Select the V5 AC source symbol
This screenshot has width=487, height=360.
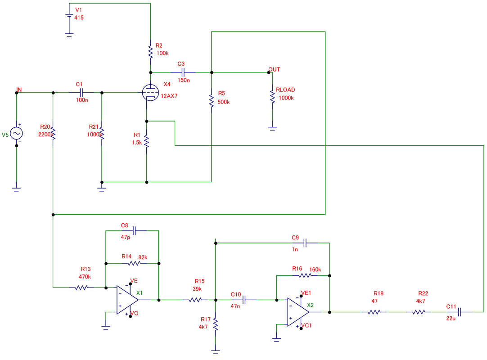coord(17,134)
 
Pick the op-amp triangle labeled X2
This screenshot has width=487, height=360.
coord(298,311)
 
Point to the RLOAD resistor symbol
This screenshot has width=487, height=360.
coord(272,97)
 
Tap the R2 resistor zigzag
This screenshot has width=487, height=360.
coord(150,51)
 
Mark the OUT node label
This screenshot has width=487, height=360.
coord(274,69)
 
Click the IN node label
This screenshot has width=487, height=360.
coord(19,90)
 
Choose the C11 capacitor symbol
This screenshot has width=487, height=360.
coord(460,311)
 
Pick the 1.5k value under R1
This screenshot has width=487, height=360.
coord(136,142)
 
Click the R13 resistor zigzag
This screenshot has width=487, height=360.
coord(81,288)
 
